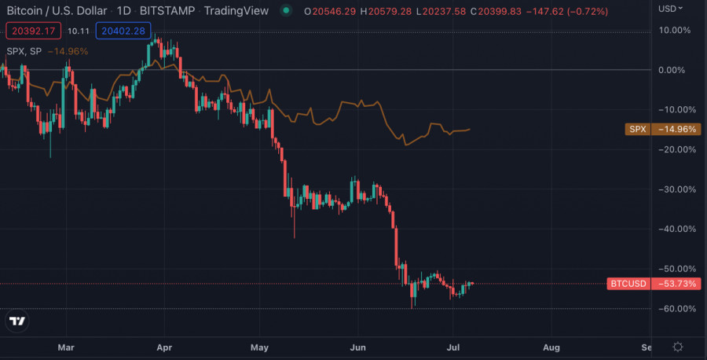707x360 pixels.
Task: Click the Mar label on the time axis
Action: tap(67, 346)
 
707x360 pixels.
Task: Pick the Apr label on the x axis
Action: tap(164, 346)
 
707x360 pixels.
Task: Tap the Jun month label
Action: tap(358, 346)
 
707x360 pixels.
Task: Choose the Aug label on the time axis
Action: tap(551, 346)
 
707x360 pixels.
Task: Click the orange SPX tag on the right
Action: tap(637, 129)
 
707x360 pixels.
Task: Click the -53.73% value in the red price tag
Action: tap(676, 284)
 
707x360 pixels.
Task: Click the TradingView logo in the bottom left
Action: tap(16, 321)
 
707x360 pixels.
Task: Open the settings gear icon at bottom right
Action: tap(678, 347)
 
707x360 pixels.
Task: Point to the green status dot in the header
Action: tap(286, 11)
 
